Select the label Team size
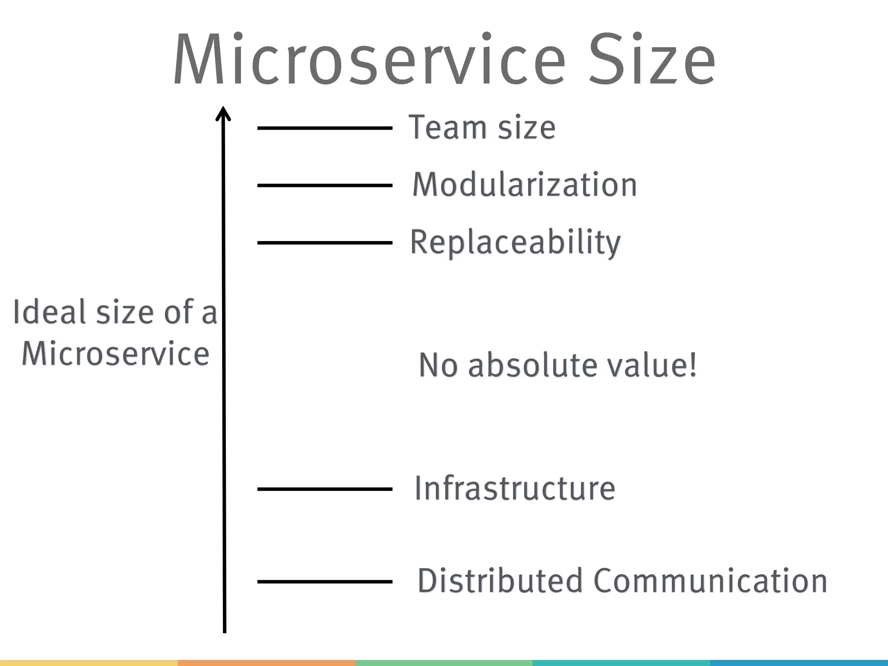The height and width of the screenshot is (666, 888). pos(482,127)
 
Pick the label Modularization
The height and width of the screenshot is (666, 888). pos(524,185)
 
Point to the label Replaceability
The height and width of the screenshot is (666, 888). pos(515,243)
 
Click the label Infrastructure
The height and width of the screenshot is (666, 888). pos(515,489)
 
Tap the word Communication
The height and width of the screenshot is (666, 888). pos(710,581)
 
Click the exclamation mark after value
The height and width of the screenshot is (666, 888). pos(693,365)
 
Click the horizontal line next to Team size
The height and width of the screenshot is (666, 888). pos(325,128)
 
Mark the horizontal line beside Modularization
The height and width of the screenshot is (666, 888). pos(325,185)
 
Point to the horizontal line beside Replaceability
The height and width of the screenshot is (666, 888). pos(325,243)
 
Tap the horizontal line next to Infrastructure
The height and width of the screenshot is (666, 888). pos(325,489)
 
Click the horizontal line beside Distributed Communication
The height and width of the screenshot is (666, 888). pos(325,581)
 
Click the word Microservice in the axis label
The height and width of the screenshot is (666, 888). pos(115,354)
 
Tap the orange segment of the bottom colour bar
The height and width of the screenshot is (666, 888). pos(266,663)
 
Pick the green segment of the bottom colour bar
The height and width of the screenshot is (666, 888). pos(444,663)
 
